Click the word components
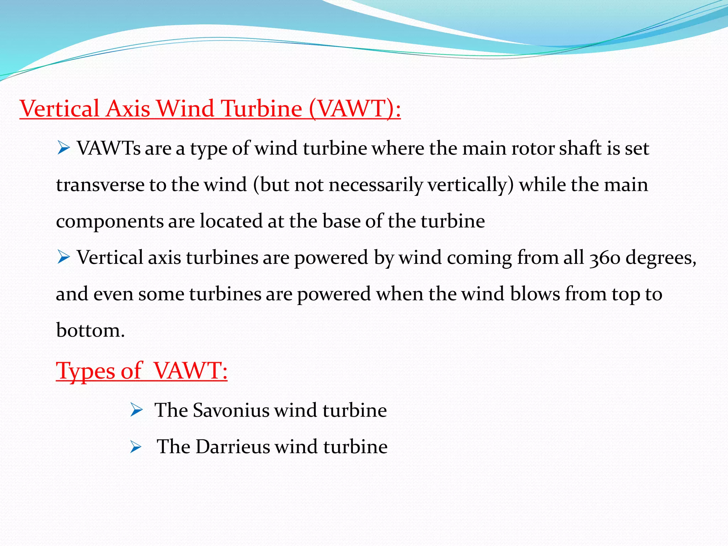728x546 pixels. coord(109,221)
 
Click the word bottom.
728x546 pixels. coord(90,331)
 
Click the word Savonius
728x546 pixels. coord(231,410)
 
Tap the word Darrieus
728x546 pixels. coord(233,447)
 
